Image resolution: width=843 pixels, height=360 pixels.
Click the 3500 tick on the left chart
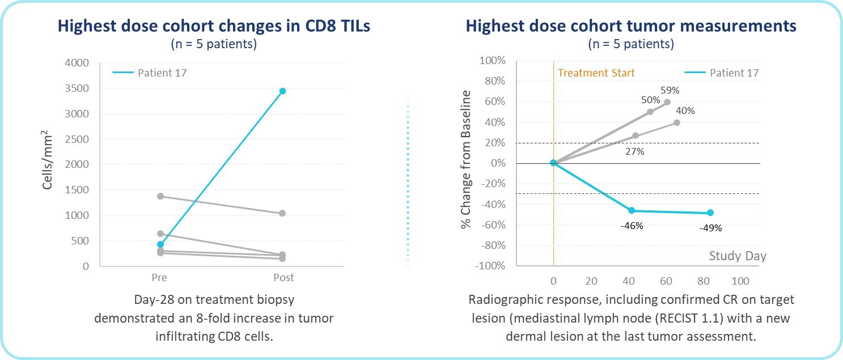click(x=77, y=88)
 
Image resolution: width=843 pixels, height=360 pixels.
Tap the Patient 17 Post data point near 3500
click(x=282, y=91)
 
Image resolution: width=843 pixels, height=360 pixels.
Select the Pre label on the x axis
click(x=160, y=278)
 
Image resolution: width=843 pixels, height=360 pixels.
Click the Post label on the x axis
click(x=283, y=278)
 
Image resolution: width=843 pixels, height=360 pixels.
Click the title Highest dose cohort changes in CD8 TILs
click(x=214, y=26)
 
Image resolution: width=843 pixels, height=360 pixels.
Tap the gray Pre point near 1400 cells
click(x=160, y=196)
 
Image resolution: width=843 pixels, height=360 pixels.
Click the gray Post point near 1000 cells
click(x=282, y=213)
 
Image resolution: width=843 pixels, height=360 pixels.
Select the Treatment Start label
click(x=596, y=73)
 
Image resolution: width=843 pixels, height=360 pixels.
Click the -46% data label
click(x=632, y=226)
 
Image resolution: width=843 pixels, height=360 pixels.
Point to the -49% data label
click(x=710, y=228)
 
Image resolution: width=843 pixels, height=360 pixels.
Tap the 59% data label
click(x=670, y=90)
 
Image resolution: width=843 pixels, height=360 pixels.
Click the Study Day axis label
click(x=738, y=256)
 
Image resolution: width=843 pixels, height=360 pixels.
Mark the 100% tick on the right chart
click(x=493, y=61)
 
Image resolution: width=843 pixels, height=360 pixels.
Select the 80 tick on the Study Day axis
click(x=704, y=281)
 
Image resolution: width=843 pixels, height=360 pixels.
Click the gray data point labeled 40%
click(x=677, y=122)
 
